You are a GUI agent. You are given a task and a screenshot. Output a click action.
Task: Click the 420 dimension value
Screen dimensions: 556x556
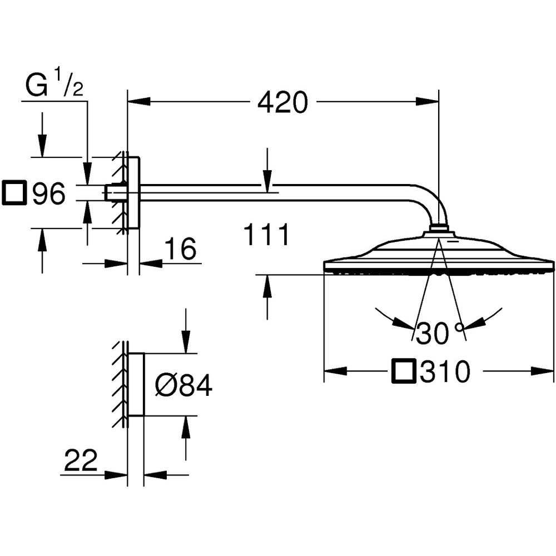(282, 103)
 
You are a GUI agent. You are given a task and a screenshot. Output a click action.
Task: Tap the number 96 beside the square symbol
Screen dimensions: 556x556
(49, 193)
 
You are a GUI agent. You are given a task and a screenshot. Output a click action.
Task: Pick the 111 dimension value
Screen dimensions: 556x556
(267, 235)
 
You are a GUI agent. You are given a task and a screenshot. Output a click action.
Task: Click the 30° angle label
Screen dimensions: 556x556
(440, 333)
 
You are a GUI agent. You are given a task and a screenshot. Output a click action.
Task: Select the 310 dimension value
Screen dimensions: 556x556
(445, 371)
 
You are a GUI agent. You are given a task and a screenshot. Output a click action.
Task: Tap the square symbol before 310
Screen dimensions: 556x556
(403, 371)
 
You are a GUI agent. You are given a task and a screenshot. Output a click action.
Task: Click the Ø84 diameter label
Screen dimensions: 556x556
(183, 385)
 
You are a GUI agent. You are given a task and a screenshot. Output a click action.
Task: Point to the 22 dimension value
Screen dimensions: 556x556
(81, 460)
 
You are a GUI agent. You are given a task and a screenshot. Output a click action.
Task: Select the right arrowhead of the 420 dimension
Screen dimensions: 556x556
(427, 102)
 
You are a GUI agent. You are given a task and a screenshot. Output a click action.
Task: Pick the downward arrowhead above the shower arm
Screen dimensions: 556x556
(267, 181)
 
